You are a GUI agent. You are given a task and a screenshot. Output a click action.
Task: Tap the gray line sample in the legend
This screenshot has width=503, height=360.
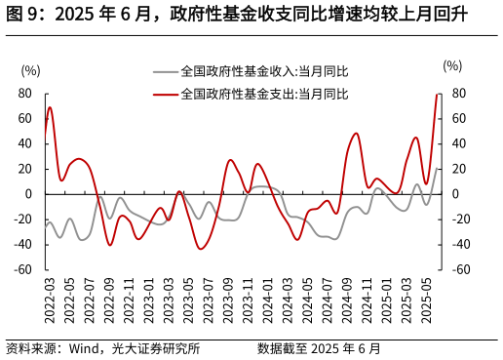point(165,71)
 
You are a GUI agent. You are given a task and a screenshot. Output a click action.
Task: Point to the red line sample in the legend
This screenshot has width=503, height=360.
point(165,95)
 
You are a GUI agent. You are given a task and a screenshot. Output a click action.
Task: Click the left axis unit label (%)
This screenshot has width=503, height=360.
point(30,69)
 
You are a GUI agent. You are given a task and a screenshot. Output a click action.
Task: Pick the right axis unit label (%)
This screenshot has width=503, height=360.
point(452,65)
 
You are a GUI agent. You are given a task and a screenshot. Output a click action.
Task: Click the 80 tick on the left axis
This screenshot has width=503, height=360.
point(25,94)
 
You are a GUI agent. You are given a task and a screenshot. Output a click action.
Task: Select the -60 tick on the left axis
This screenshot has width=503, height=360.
point(23,269)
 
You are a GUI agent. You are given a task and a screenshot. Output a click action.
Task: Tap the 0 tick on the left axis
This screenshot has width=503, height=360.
point(28,194)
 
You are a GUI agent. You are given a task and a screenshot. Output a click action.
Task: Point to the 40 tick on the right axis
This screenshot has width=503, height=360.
point(458,143)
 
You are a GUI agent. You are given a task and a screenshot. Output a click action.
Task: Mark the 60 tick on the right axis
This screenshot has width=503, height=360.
point(458,119)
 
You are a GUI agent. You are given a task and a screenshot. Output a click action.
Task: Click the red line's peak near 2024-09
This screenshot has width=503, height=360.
point(356,134)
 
